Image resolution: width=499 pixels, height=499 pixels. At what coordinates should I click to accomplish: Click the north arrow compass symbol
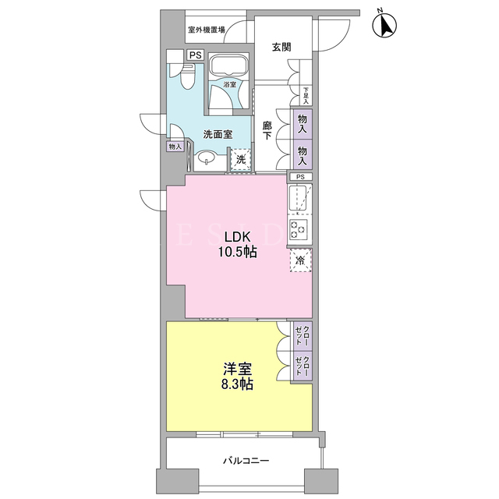tap(384, 24)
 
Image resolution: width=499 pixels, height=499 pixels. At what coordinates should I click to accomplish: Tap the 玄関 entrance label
tap(281, 48)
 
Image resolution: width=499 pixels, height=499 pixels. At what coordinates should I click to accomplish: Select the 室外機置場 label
tap(207, 30)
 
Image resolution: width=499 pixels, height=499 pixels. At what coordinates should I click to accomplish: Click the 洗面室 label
tap(218, 134)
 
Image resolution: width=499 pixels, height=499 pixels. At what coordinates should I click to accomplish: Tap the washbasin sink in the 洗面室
tap(207, 157)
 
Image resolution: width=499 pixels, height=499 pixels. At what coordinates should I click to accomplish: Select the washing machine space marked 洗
tap(241, 159)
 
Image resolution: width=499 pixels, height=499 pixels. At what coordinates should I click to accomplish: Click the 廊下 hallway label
tap(267, 130)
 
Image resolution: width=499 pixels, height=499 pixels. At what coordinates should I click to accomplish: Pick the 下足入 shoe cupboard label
tap(306, 96)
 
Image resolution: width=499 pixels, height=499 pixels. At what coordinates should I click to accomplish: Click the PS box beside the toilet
tap(196, 55)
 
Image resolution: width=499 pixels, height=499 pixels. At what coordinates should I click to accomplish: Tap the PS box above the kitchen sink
tap(300, 177)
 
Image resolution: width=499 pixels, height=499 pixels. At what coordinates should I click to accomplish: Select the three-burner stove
tap(298, 229)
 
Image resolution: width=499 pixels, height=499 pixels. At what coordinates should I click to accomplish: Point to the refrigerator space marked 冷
tap(300, 260)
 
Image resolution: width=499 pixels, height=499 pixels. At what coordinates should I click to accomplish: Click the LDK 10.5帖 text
tap(237, 244)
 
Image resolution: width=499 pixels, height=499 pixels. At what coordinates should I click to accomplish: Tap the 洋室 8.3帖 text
tap(237, 377)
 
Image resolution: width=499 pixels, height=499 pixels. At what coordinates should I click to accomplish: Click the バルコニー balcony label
tap(246, 461)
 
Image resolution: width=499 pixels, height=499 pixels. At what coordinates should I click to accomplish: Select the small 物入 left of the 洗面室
tap(175, 147)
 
